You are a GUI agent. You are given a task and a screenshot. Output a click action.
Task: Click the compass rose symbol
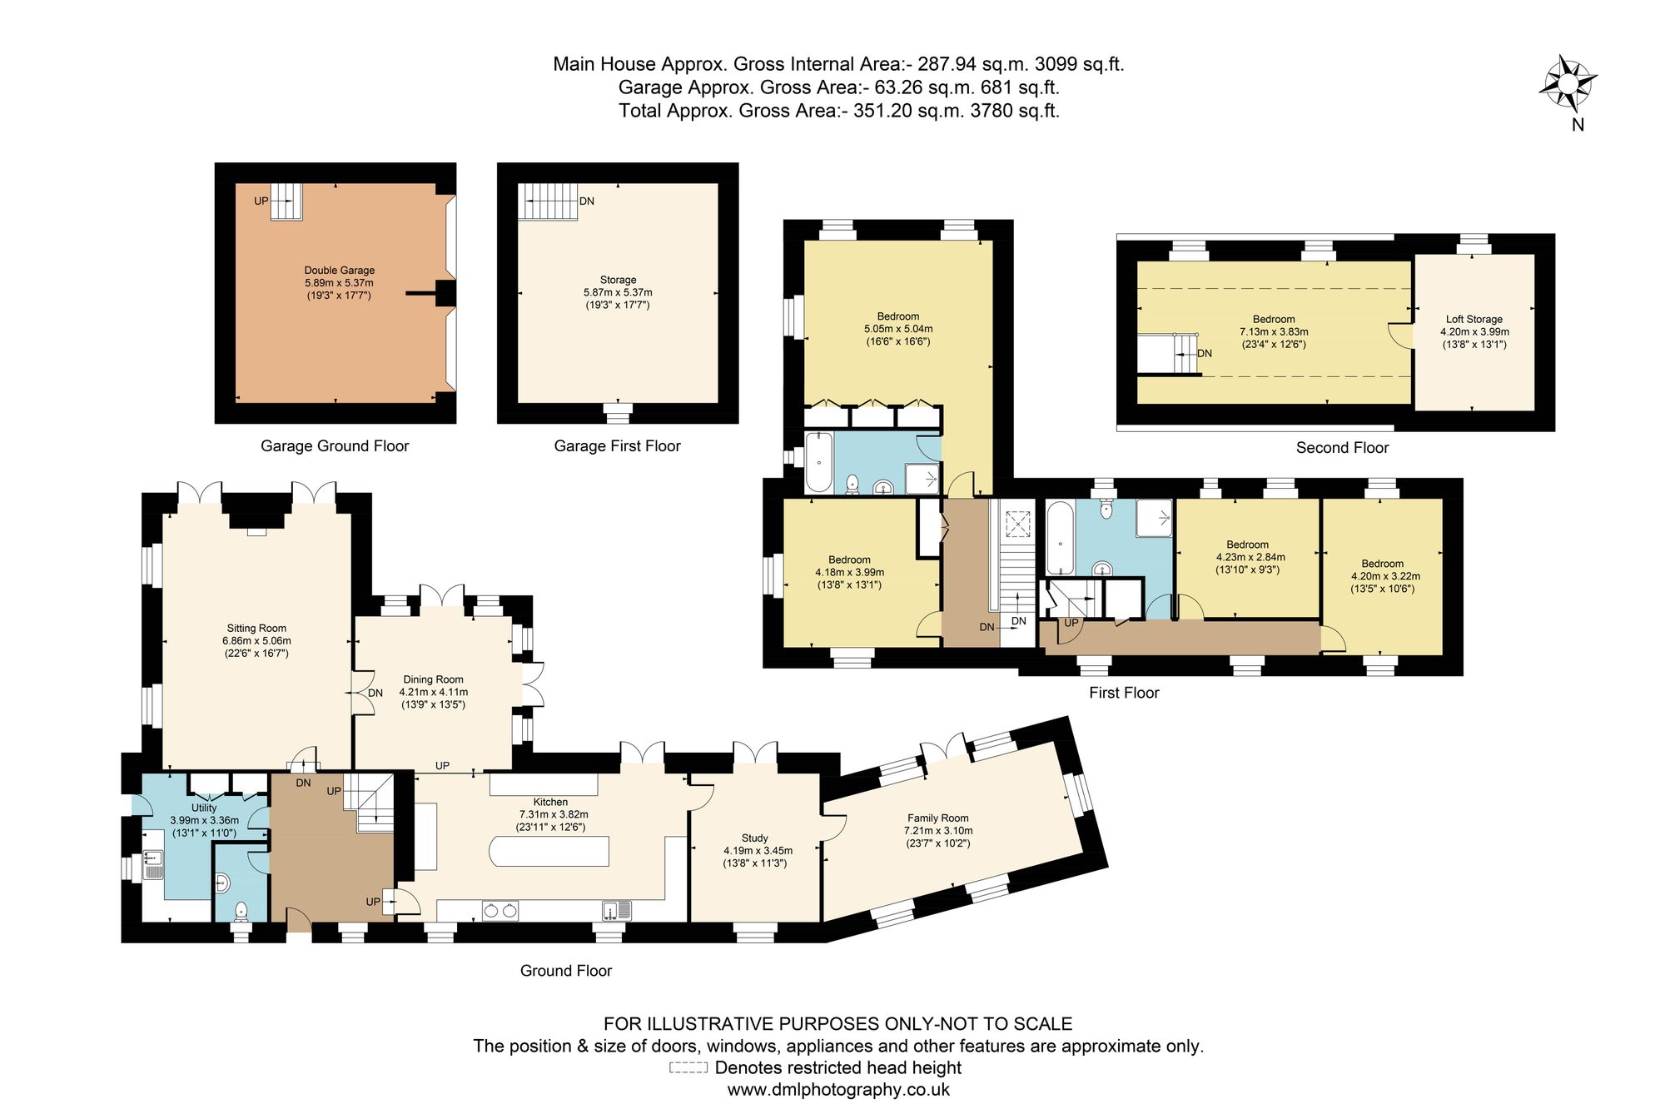click(1567, 82)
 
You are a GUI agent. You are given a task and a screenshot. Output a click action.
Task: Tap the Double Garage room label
click(339, 271)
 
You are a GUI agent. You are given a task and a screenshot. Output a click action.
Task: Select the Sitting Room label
click(256, 629)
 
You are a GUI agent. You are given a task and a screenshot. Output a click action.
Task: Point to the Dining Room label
click(433, 679)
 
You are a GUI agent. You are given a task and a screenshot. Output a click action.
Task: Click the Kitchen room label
click(550, 802)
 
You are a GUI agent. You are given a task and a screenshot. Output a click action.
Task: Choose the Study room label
click(754, 838)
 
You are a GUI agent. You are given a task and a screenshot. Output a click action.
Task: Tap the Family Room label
click(938, 818)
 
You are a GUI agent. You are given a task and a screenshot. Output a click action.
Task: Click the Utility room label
click(204, 808)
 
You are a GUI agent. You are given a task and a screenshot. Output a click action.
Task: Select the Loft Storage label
click(1474, 319)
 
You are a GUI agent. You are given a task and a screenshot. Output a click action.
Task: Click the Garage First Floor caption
click(617, 446)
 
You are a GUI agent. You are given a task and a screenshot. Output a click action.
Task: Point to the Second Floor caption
click(1342, 448)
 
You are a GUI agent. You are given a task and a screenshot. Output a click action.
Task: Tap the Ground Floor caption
click(566, 971)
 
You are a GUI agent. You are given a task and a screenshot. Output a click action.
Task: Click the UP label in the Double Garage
click(261, 201)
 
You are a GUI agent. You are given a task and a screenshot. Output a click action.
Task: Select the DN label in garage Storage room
click(587, 201)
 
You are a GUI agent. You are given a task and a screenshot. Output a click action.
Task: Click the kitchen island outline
click(549, 852)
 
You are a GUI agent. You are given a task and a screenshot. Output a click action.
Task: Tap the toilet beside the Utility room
click(241, 911)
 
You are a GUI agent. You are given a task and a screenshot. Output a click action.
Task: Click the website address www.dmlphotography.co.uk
click(838, 1090)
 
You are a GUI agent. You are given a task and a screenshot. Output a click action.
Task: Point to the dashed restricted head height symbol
click(688, 1067)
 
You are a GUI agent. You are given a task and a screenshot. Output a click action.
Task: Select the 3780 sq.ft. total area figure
click(1015, 111)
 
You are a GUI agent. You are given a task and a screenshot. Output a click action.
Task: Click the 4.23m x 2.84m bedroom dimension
click(1250, 558)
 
